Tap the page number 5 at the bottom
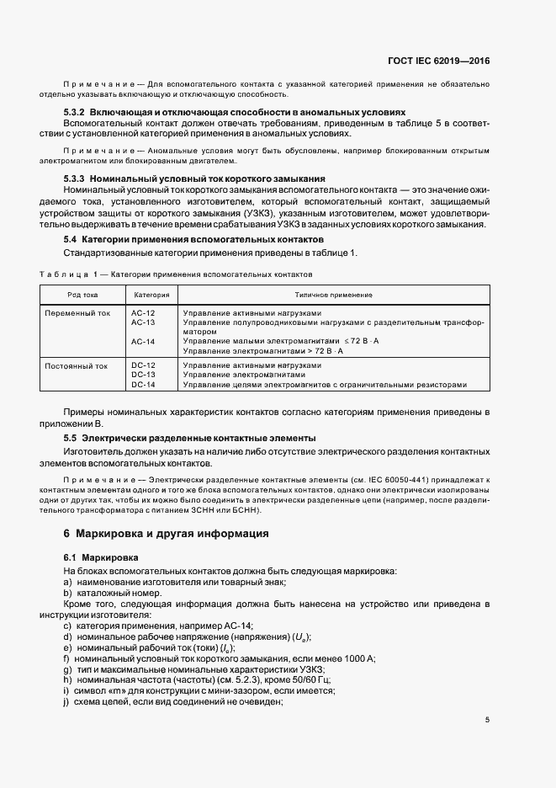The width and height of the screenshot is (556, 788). tap(488, 720)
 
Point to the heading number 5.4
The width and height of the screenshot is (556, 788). tap(71, 240)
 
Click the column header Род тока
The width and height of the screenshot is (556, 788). tap(83, 295)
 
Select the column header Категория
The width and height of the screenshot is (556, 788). tap(151, 295)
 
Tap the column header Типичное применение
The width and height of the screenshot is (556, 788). tap(333, 295)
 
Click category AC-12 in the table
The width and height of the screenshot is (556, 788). tap(143, 313)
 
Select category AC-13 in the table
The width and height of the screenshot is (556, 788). tap(143, 322)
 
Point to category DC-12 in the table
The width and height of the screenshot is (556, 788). tap(143, 366)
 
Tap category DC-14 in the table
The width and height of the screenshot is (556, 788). tap(143, 385)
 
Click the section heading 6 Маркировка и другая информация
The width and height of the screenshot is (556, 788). tap(167, 534)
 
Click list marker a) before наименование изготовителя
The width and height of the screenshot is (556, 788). tap(68, 583)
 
